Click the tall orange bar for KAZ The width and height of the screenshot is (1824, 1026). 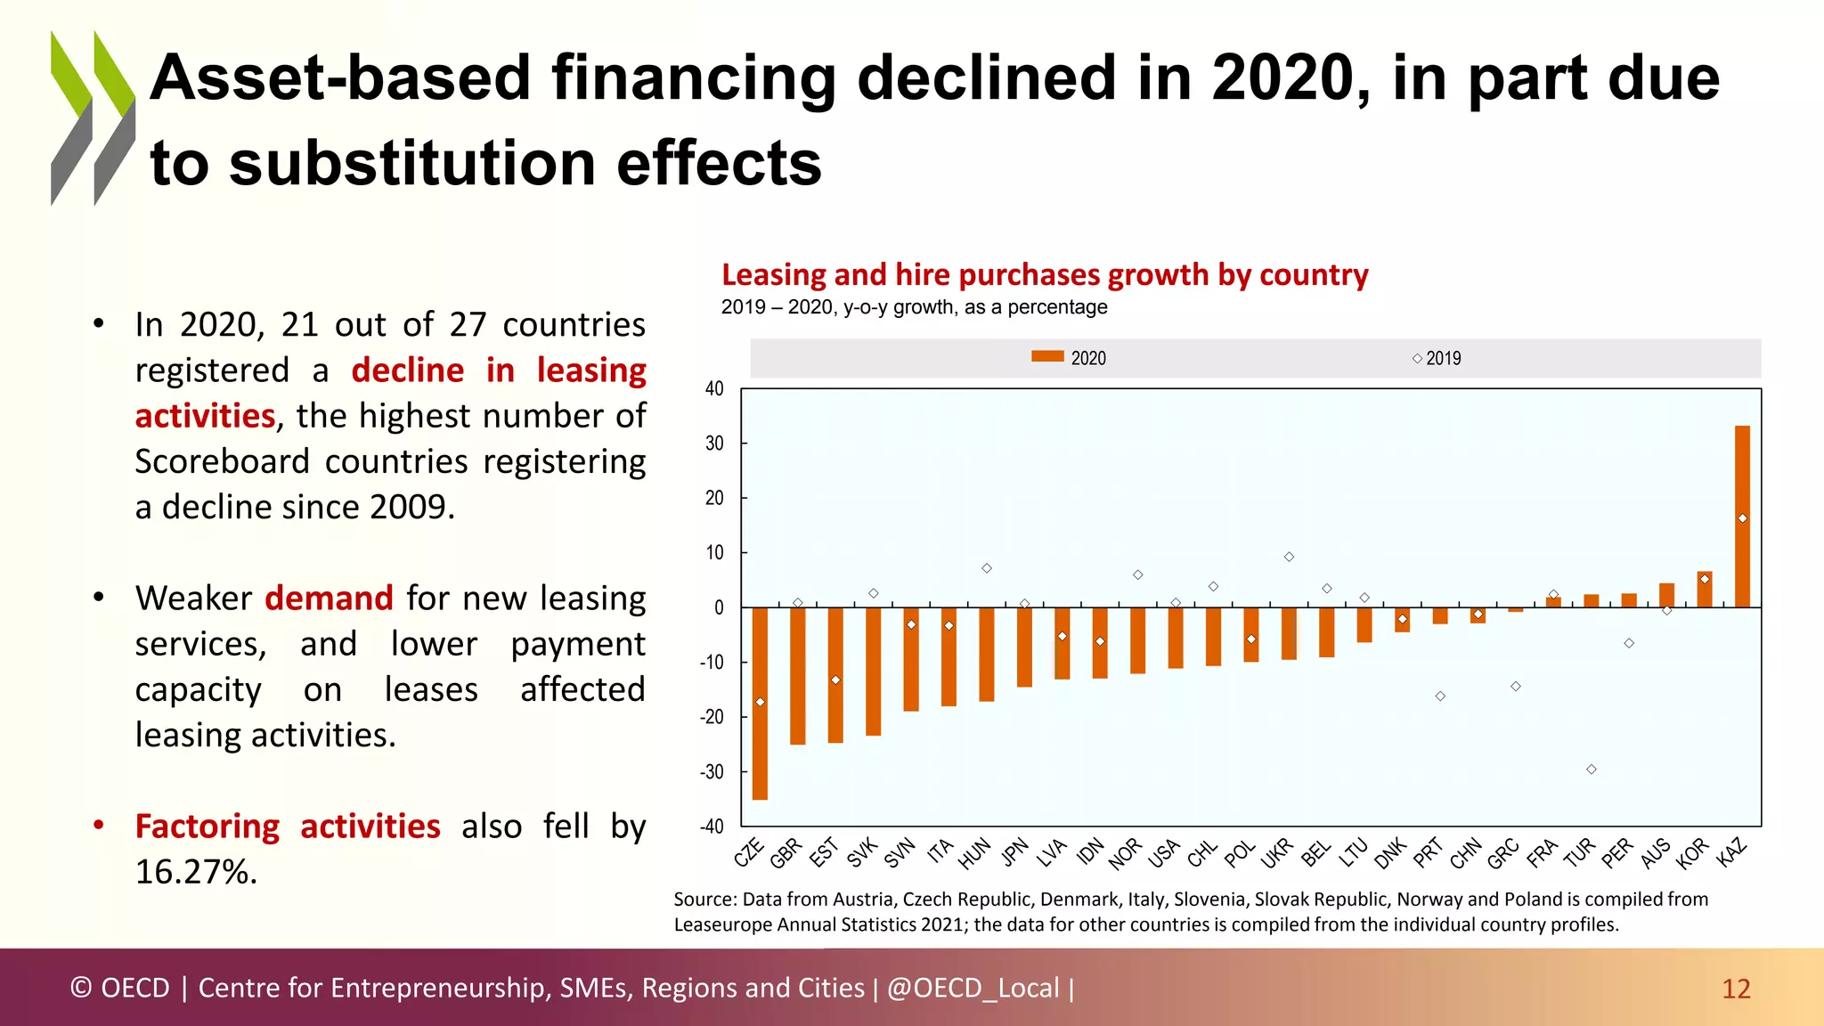[1742, 517]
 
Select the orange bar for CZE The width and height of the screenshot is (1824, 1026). [760, 704]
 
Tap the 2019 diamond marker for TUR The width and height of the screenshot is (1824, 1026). [1592, 769]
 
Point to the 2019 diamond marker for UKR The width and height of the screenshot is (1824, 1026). [1289, 557]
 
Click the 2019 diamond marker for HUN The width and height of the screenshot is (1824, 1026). [987, 568]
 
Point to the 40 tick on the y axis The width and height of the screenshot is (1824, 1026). [714, 388]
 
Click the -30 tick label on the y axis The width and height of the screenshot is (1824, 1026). [712, 772]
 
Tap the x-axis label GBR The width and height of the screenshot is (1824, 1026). [787, 852]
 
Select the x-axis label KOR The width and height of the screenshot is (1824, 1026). [1692, 852]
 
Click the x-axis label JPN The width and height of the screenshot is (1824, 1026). [1015, 852]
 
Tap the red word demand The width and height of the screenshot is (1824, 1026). [329, 598]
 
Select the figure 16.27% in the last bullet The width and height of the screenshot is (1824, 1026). [196, 871]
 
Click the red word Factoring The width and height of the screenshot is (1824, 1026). [207, 826]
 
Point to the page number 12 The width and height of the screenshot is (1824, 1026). [1736, 989]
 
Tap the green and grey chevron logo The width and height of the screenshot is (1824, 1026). [93, 118]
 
